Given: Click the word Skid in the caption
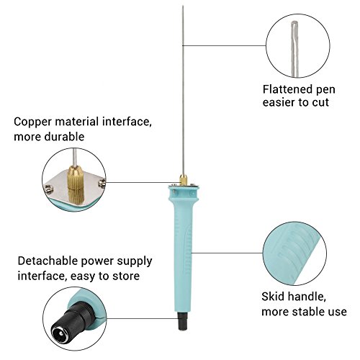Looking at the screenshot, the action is click(273, 297).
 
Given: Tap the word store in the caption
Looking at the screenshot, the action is click(126, 276).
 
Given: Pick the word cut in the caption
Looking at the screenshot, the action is click(320, 102).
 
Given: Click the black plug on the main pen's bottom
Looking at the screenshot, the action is click(183, 321).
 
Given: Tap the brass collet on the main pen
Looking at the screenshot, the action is click(184, 180).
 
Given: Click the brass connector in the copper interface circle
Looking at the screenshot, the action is click(76, 184).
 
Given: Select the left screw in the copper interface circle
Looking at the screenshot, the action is click(48, 189).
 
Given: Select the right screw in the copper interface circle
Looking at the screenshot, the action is click(102, 184).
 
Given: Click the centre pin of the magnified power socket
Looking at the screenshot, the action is click(61, 333).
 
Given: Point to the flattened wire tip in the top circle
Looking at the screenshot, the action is click(294, 27).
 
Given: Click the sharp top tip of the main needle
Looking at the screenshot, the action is click(183, 6).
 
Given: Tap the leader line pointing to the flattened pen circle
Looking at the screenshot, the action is click(225, 45).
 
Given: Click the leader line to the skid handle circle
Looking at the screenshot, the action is click(227, 253).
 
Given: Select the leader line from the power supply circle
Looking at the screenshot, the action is click(142, 319).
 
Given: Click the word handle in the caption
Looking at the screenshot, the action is click(307, 297).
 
